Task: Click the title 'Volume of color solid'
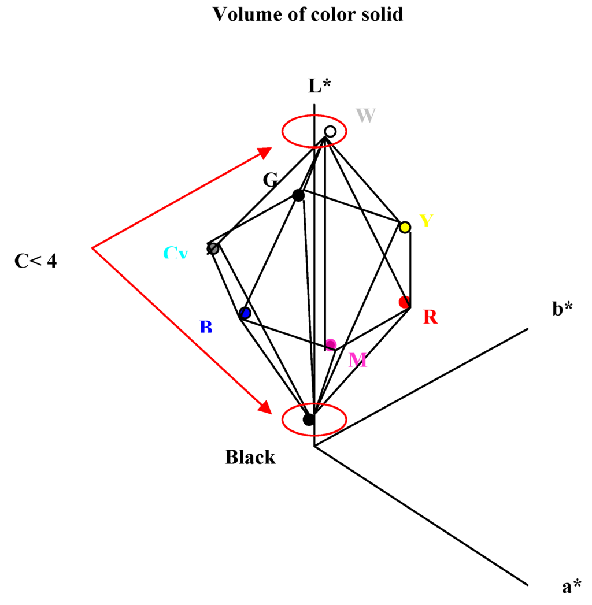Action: [308, 14]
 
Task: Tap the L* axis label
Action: [319, 86]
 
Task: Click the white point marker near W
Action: [330, 132]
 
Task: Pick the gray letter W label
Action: [366, 116]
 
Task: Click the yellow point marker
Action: [405, 227]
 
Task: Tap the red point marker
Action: [405, 302]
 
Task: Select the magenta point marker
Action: [331, 345]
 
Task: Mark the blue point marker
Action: [245, 313]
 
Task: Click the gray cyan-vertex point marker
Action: [213, 248]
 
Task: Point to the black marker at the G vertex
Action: [298, 195]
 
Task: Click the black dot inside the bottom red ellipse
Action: [309, 419]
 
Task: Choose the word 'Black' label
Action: [250, 458]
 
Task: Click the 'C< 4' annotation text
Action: [36, 261]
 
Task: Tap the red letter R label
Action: [430, 317]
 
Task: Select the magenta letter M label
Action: [358, 361]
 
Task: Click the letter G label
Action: [270, 180]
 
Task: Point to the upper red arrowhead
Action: [265, 152]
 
